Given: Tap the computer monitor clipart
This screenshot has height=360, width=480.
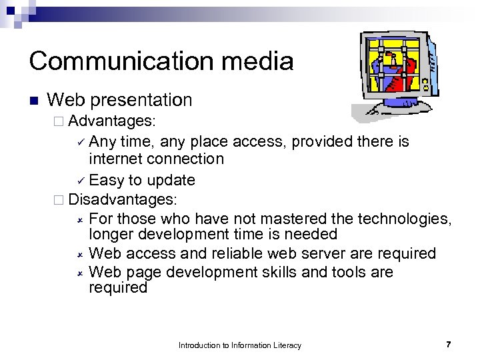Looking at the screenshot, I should [397, 73].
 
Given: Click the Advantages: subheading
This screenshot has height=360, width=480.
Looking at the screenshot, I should [112, 121].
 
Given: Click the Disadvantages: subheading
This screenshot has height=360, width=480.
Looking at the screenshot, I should [123, 199].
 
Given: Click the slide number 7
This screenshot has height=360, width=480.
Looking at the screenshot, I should [448, 345].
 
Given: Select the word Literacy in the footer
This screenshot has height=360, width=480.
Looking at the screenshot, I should [287, 345].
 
